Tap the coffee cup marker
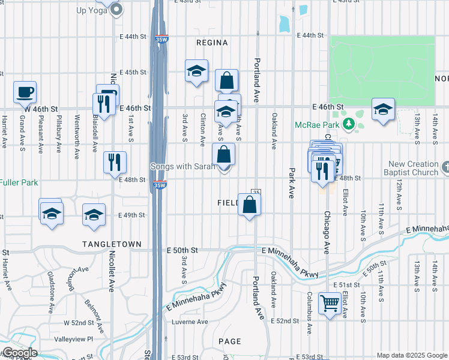(25, 92)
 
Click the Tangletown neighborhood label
(113, 244)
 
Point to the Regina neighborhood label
(212, 43)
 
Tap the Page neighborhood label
(229, 341)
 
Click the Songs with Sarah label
(182, 166)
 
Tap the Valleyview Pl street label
(74, 339)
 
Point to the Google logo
(19, 353)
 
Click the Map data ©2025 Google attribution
(411, 355)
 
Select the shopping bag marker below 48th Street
(249, 205)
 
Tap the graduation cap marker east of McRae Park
(383, 109)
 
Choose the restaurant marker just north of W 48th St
(114, 162)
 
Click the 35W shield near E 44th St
(160, 40)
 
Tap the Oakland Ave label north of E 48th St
(274, 131)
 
